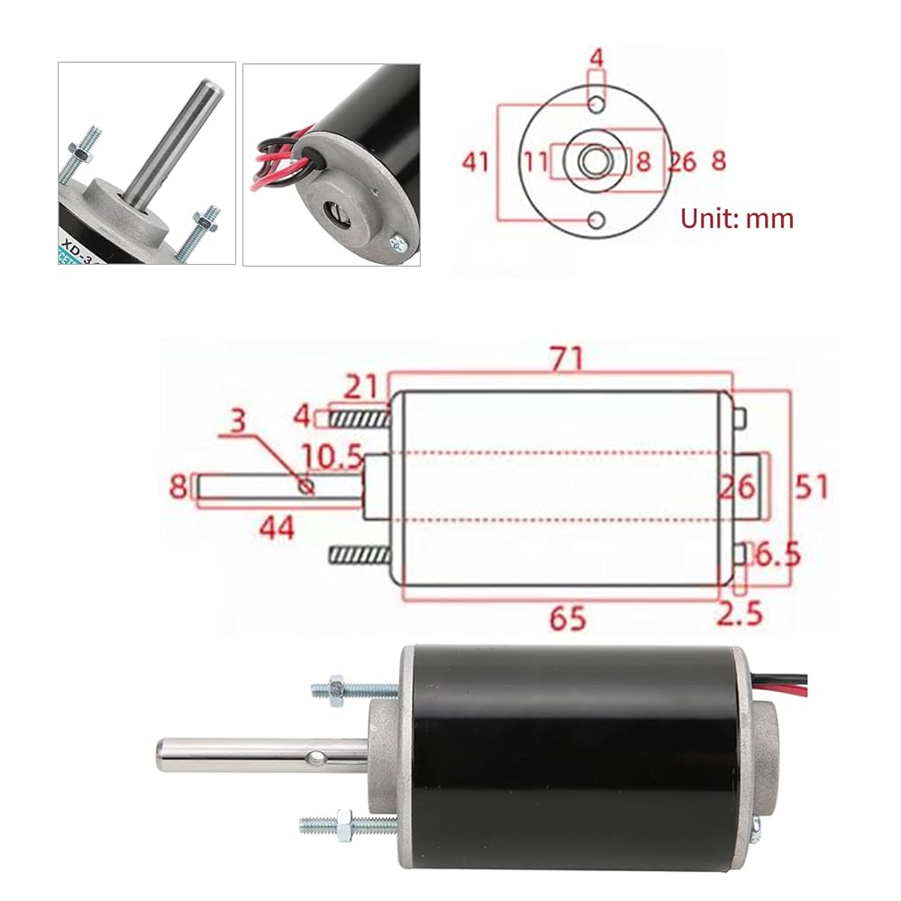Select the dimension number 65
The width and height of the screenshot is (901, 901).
pos(569,618)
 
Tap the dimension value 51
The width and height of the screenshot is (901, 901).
pos(810,487)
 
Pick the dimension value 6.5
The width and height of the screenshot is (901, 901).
pos(777,552)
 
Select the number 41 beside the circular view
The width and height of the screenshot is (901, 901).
pos(475,162)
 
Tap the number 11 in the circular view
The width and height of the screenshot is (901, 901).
pos(536,162)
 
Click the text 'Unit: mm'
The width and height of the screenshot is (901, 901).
pos(737,218)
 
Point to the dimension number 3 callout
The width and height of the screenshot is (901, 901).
pos(235,422)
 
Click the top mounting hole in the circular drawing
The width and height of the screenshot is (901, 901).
pos(596,106)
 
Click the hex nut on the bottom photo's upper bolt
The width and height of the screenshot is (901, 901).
pos(340,688)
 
